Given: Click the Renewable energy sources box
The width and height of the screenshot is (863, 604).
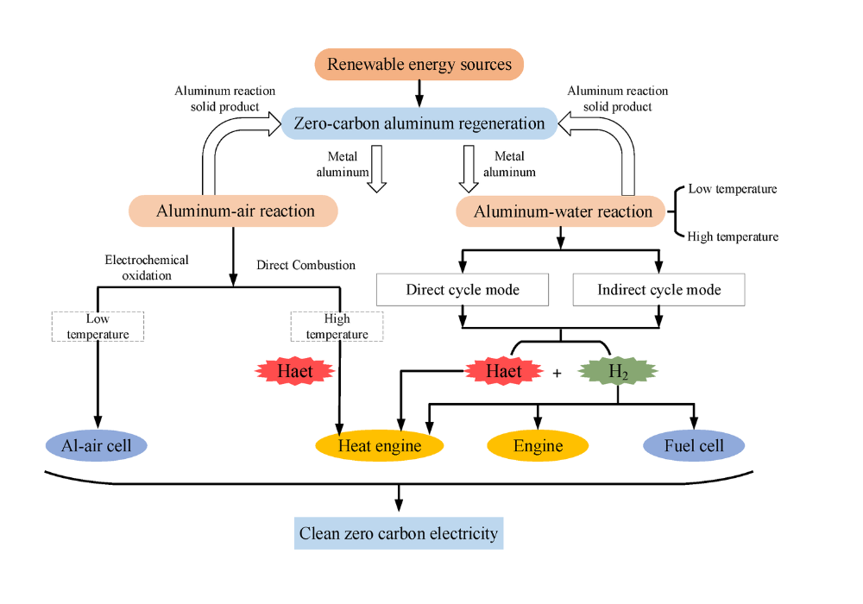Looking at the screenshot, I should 419,65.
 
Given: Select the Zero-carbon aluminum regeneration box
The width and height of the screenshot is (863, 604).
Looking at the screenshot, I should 419,123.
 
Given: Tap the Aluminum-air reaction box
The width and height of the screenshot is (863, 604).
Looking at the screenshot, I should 233,211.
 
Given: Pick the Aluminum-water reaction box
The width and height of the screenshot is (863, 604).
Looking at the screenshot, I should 563,211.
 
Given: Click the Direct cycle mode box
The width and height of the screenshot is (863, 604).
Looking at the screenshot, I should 463,290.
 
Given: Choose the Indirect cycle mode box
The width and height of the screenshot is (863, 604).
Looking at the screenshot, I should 658,290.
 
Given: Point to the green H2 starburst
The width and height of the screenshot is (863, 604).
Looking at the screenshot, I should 618,372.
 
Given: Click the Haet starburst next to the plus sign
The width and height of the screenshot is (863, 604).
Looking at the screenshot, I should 503,372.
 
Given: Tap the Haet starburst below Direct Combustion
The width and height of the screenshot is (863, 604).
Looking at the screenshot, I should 295,372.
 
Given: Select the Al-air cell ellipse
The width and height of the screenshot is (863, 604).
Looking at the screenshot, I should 97,446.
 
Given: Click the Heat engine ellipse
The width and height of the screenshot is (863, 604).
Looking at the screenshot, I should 380,446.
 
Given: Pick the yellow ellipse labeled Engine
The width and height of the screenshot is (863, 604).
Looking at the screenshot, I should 538,446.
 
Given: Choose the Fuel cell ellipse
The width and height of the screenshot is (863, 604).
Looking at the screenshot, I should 694,446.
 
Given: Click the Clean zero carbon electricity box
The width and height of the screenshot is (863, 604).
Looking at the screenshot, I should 399,533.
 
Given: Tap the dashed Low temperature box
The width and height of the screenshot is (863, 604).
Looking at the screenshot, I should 98,326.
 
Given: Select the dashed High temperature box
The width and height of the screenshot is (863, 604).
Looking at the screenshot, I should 337,326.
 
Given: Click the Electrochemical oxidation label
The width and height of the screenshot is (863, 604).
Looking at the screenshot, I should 147,267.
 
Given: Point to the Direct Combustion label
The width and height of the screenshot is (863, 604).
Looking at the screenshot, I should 306,265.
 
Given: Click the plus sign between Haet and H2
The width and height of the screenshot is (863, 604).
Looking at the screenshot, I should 557,373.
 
